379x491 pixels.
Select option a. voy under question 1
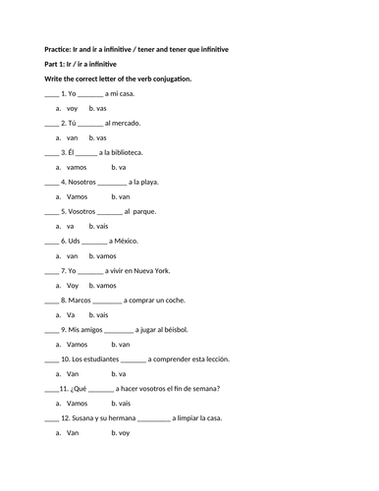pos(69,108)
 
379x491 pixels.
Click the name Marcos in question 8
pos(80,300)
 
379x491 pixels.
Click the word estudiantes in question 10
pos(97,358)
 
